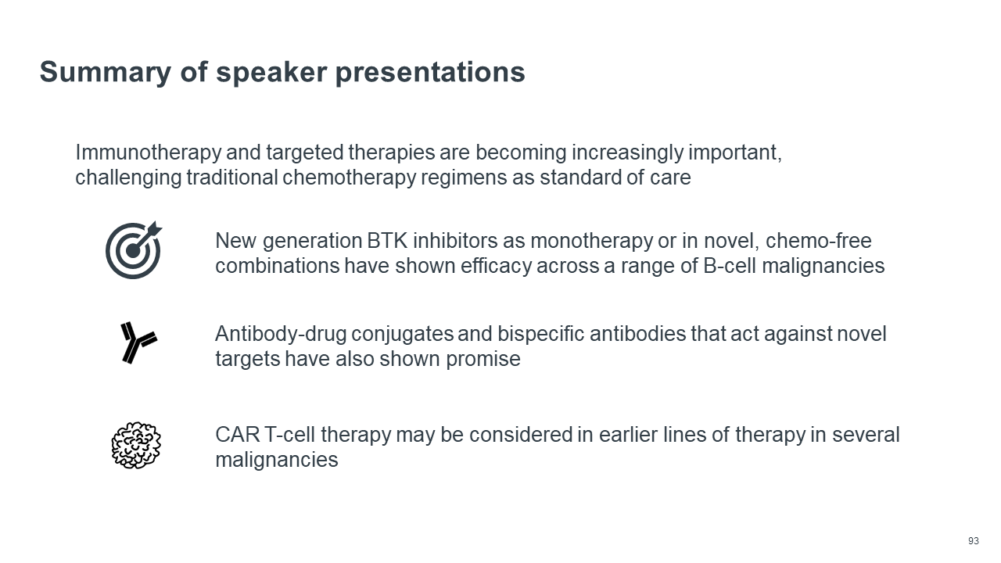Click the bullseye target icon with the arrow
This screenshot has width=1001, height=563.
(x=134, y=250)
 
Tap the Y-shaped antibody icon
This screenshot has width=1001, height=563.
(x=138, y=343)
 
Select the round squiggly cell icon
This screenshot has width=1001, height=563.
(x=136, y=445)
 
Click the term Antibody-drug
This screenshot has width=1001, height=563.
(x=280, y=335)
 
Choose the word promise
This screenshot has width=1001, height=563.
(x=483, y=360)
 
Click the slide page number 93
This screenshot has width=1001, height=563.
(x=973, y=541)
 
